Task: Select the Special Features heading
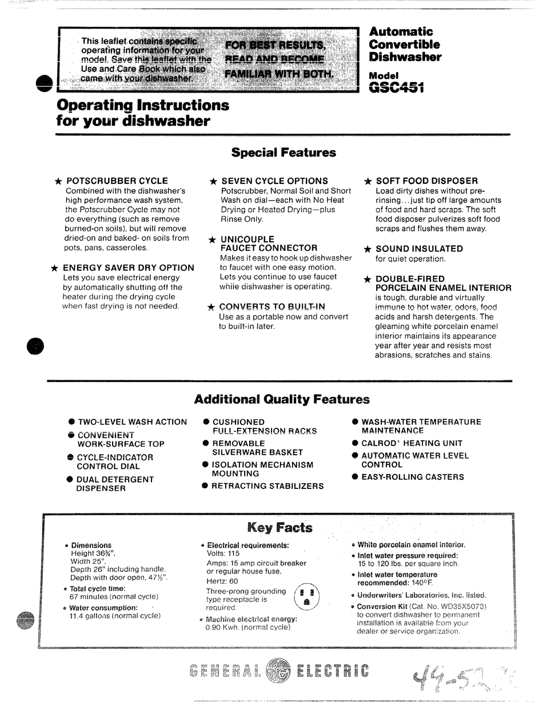tap(284, 153)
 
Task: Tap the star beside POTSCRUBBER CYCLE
tap(58, 181)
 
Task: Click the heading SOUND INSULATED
tap(419, 248)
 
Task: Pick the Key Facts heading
tap(280, 527)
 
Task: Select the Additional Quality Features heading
tap(282, 399)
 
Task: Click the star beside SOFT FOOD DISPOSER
tap(368, 181)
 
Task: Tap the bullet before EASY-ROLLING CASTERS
tap(355, 476)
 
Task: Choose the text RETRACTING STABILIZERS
tap(267, 486)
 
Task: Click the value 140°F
tap(422, 583)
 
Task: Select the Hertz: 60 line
tap(222, 581)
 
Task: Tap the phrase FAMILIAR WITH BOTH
tap(279, 74)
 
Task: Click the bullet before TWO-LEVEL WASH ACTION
tap(72, 422)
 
